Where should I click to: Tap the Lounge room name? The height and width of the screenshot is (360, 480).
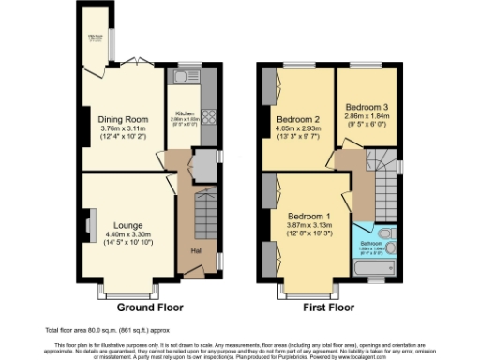(127, 225)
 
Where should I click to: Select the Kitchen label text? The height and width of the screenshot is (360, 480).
(184, 113)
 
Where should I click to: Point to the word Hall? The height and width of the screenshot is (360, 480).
(197, 250)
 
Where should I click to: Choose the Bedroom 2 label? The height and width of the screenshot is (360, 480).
(297, 119)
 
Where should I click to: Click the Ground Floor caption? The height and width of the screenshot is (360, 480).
(150, 307)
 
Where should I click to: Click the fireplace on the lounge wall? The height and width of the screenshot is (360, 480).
(90, 225)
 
